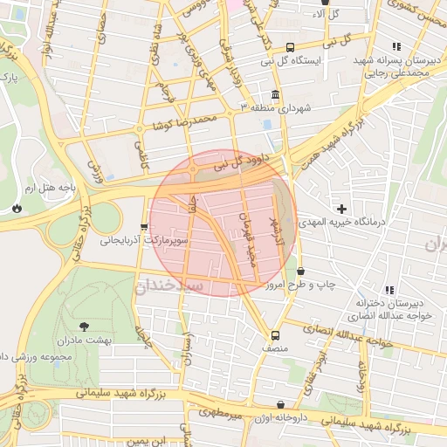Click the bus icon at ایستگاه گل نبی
(x=290, y=47)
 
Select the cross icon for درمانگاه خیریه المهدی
(x=341, y=209)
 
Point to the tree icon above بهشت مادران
(x=84, y=327)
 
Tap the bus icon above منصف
(x=275, y=335)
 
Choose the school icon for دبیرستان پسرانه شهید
(x=395, y=46)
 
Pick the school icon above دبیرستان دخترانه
(x=389, y=289)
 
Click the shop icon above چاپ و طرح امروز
(x=300, y=272)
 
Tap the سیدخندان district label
(x=170, y=285)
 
